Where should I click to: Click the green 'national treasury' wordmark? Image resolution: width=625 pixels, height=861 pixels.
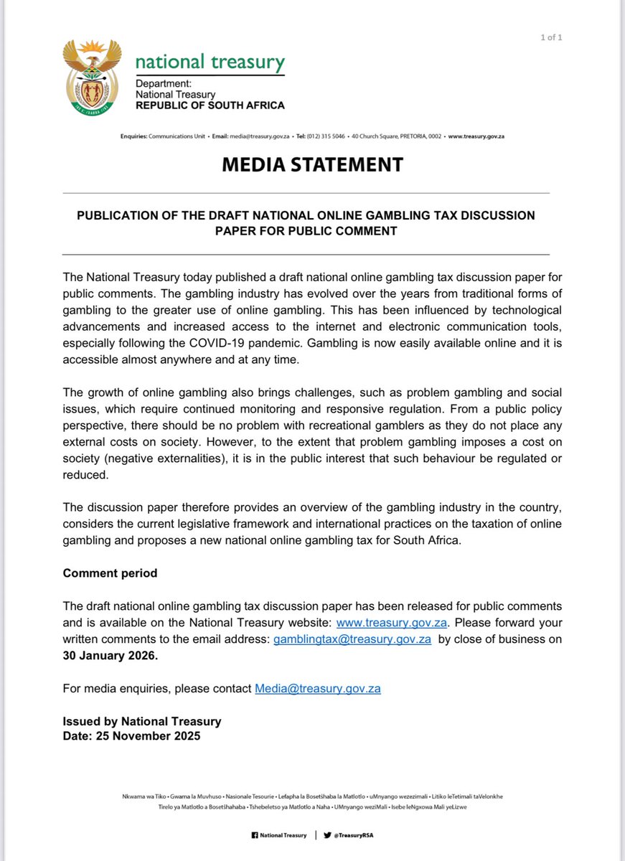click(x=210, y=62)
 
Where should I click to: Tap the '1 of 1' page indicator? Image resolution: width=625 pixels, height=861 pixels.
click(x=551, y=38)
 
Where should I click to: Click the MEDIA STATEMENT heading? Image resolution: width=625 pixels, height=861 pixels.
click(x=312, y=164)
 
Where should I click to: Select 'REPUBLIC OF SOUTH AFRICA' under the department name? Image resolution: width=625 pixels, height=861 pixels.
click(x=210, y=105)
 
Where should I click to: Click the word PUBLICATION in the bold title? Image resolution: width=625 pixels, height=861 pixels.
click(x=119, y=215)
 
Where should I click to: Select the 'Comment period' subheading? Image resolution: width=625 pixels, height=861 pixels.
click(x=110, y=573)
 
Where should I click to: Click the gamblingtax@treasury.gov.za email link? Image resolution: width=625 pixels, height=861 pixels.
click(x=352, y=639)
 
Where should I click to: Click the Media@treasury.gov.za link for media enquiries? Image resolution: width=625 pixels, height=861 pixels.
click(x=317, y=689)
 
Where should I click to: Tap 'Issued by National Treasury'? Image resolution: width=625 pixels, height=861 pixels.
click(x=142, y=721)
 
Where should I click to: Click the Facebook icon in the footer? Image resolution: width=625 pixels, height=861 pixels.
click(x=254, y=835)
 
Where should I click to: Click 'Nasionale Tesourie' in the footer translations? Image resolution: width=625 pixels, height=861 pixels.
click(x=250, y=796)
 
